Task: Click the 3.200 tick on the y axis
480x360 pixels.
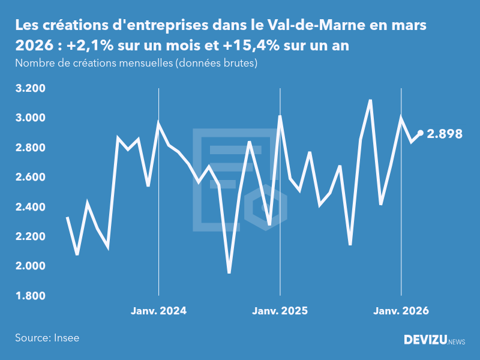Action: (30, 89)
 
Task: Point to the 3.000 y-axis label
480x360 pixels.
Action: (30, 118)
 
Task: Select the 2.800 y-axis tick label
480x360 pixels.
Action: (30, 148)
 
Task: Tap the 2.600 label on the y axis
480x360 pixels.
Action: (30, 178)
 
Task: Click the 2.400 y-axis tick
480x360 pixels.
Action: (30, 208)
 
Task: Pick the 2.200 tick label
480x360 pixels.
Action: (30, 237)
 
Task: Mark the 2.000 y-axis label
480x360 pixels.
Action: (30, 266)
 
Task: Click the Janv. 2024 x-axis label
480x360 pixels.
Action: (159, 311)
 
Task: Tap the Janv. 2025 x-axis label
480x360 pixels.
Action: (280, 311)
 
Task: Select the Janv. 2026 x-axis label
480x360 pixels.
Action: (401, 311)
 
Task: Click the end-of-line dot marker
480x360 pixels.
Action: (421, 133)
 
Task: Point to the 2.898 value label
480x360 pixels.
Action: (445, 134)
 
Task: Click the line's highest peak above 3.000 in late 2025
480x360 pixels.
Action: (370, 100)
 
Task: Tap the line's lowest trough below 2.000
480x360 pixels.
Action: (229, 272)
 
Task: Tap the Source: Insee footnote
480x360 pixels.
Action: (47, 338)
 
